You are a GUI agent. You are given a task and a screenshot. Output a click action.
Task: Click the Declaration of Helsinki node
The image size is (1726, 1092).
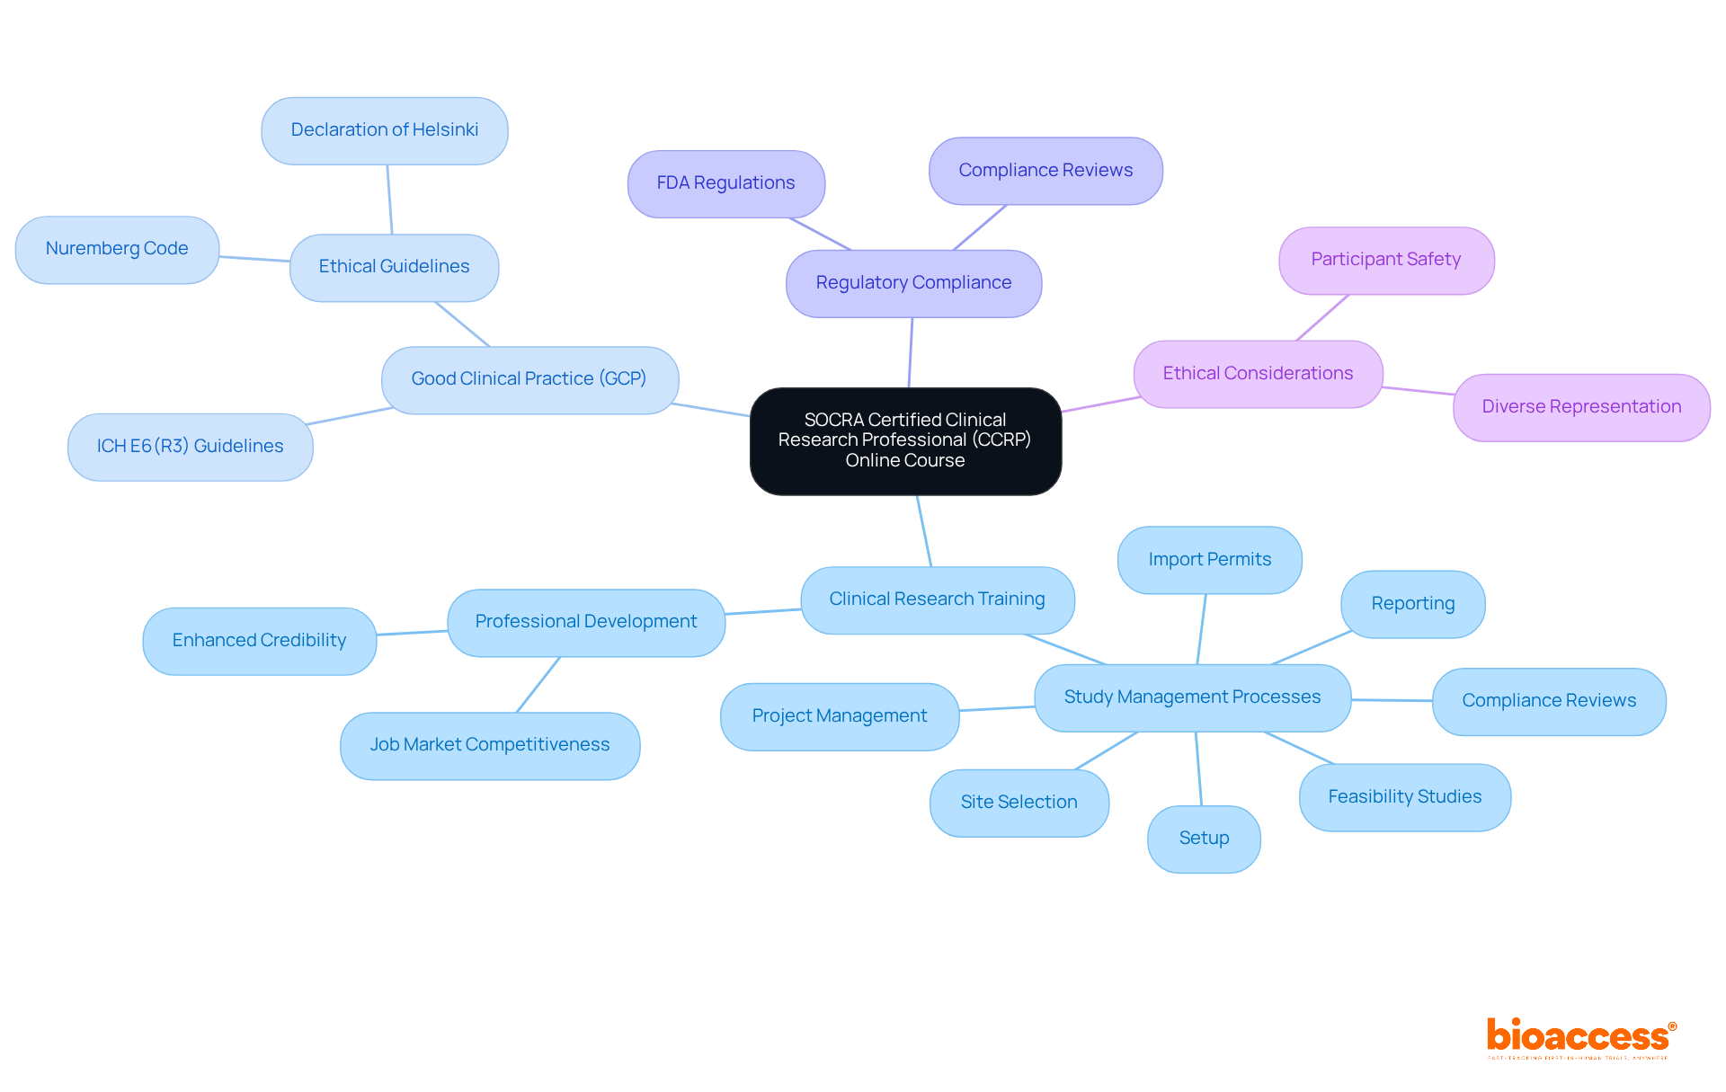(x=385, y=130)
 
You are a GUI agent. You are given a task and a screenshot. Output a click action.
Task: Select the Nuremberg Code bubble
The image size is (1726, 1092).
(x=117, y=249)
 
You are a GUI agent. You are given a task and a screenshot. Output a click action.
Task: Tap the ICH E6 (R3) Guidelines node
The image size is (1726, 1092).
(x=190, y=447)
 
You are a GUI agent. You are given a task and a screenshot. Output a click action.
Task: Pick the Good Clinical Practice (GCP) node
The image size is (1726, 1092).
(x=529, y=379)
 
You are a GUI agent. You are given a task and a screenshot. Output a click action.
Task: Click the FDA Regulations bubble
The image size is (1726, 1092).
(x=725, y=183)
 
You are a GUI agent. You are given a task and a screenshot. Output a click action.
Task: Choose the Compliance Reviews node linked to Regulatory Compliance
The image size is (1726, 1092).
(x=1045, y=171)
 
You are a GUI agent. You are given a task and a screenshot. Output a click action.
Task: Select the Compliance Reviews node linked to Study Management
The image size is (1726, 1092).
(x=1548, y=701)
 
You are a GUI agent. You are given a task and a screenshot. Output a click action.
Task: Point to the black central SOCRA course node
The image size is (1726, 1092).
(x=905, y=440)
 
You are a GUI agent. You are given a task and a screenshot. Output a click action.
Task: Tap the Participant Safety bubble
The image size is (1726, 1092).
(x=1385, y=260)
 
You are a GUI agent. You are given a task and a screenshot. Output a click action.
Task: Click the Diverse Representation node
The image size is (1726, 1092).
(x=1580, y=407)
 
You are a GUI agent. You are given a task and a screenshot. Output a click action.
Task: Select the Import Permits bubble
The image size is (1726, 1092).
(x=1209, y=560)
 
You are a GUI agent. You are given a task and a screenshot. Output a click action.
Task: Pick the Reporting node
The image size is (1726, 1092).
(x=1412, y=604)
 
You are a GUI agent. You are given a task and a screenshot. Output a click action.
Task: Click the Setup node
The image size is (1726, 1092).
(x=1204, y=839)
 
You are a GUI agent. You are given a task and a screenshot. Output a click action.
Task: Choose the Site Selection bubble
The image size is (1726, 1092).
(x=1019, y=803)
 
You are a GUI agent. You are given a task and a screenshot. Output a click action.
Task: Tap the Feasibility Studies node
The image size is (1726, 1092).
(x=1404, y=797)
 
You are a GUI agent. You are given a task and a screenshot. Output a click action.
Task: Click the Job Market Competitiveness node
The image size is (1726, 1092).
(x=490, y=745)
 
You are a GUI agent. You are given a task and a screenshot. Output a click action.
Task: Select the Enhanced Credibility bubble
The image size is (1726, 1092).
(x=259, y=641)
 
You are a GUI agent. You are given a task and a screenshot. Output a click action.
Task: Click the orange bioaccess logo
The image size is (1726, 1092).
(x=1580, y=1037)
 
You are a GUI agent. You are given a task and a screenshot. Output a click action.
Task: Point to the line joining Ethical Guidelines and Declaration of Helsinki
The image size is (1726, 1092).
(x=389, y=200)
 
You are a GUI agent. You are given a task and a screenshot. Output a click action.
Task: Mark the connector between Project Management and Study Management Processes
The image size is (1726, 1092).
(x=997, y=709)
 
